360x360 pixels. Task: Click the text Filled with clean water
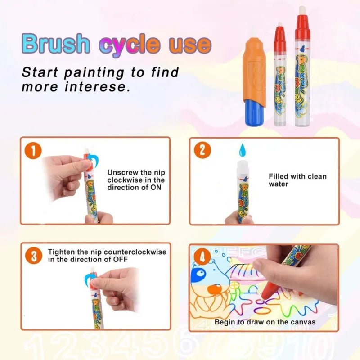point(297,180)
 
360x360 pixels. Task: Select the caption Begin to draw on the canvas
point(265,322)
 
